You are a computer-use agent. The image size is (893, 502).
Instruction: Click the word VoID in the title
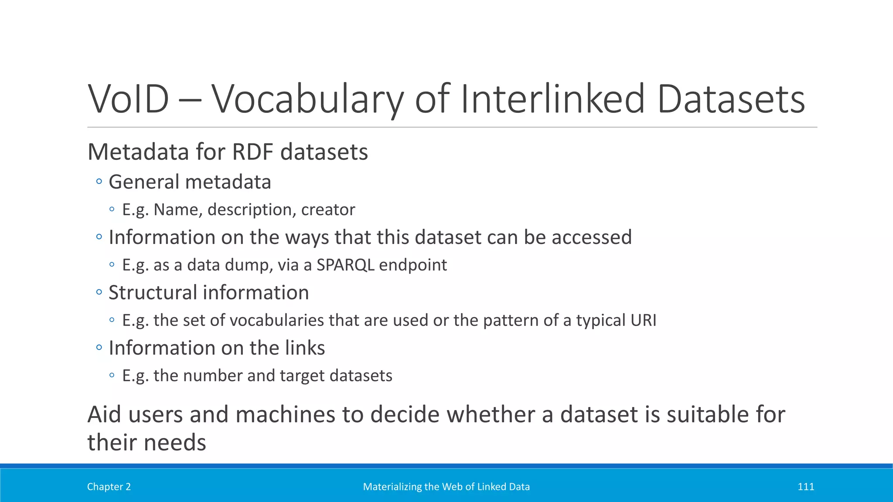click(128, 99)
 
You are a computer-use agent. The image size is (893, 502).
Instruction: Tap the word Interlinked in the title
click(552, 99)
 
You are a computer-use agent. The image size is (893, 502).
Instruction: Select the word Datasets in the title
click(731, 99)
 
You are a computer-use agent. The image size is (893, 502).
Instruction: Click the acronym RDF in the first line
click(253, 152)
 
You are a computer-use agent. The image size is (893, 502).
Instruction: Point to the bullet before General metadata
click(99, 181)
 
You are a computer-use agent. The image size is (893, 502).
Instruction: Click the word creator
click(328, 210)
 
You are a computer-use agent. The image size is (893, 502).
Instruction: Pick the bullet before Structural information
click(99, 292)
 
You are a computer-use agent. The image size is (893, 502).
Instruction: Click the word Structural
click(150, 292)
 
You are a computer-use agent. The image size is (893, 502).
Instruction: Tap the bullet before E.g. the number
click(112, 375)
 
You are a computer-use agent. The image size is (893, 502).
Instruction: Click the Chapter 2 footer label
click(109, 487)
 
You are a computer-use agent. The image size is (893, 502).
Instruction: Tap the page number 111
click(805, 487)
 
